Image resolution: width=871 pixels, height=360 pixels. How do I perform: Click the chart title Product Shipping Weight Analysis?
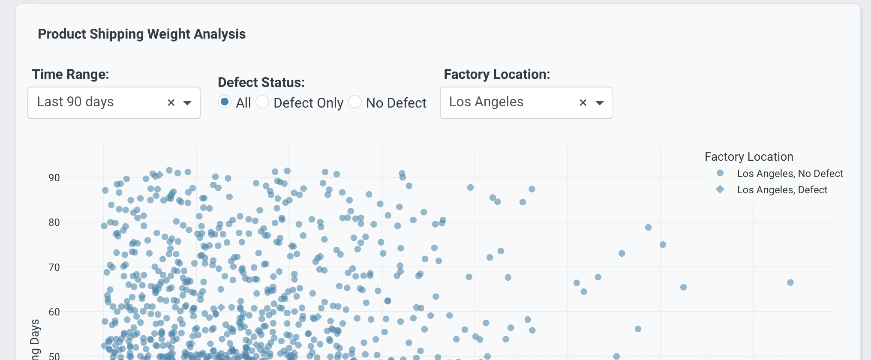141,34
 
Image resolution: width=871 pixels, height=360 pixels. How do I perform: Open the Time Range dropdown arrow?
187,103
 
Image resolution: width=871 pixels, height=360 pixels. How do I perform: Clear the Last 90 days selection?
171,103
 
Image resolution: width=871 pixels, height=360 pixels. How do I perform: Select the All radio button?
224,102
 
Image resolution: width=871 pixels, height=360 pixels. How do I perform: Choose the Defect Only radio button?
262,102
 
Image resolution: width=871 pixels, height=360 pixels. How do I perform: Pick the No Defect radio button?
355,102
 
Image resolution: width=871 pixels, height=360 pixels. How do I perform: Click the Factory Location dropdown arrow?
600,103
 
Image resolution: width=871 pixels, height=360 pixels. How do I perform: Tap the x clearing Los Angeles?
583,103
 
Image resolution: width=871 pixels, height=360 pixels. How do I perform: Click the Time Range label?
70,74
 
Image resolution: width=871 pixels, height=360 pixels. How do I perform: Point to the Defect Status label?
261,82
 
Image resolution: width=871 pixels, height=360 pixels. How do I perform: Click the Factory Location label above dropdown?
497,74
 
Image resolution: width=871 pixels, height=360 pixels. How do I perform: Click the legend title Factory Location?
748,157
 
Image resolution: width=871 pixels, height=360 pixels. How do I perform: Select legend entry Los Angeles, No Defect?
790,174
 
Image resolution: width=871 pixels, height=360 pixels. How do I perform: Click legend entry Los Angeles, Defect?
782,190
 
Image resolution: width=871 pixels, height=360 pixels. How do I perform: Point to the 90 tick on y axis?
54,178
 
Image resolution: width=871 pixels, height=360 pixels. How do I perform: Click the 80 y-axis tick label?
54,222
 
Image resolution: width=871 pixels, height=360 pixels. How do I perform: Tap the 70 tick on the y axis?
54,267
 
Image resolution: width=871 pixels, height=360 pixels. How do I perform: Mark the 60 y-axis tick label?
54,312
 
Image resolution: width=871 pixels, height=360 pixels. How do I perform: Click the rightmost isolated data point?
790,282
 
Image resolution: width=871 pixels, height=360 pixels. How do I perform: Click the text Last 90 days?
75,102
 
